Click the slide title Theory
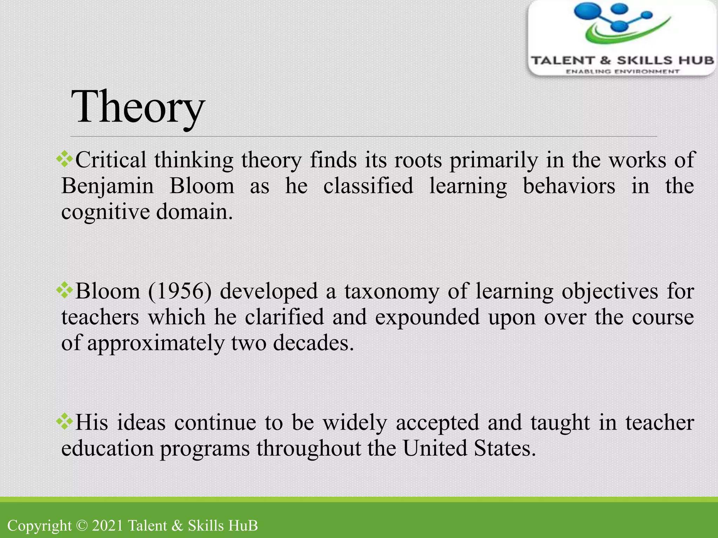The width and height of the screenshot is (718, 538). (137, 107)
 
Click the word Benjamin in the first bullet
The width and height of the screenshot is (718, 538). (107, 186)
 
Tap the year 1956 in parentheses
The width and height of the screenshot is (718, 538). (180, 291)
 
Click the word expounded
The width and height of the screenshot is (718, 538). (427, 317)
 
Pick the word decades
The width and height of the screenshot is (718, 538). (313, 343)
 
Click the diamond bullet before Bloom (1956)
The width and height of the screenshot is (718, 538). (65, 290)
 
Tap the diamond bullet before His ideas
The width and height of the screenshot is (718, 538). (65, 421)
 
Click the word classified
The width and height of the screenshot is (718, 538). (368, 186)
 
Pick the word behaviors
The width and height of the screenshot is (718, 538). (569, 186)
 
